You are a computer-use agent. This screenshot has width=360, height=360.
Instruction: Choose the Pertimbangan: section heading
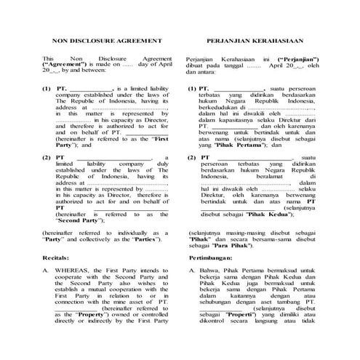212,257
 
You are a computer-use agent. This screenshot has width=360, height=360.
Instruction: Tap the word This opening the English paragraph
48,58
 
